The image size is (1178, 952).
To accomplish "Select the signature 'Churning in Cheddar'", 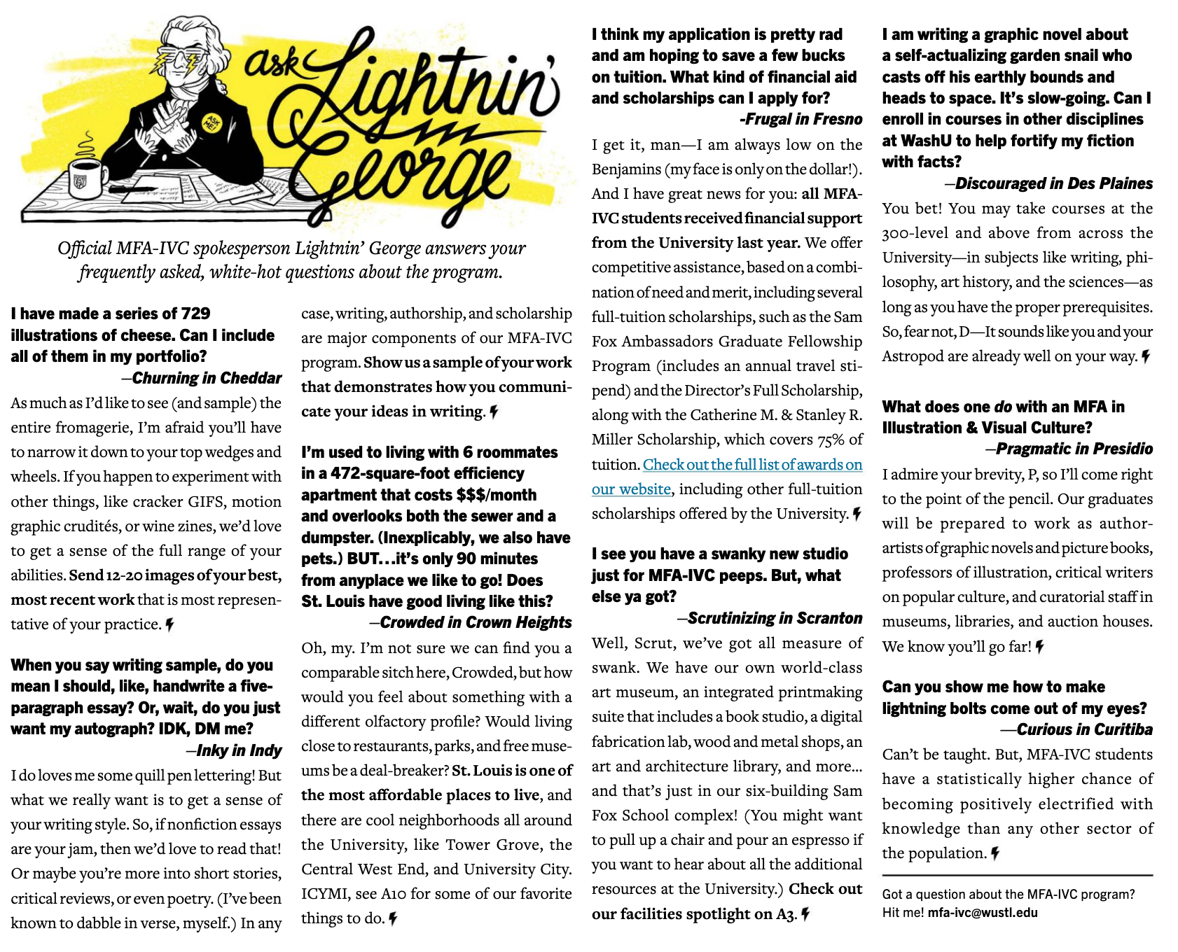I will [207, 378].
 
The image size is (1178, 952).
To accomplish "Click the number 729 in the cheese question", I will [195, 314].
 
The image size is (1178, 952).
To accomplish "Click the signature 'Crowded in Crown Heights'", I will [476, 622].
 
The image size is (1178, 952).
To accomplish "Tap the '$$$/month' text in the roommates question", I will [496, 495].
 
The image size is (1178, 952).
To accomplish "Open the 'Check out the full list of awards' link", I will [752, 465].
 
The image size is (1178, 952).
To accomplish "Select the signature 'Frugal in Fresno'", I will [801, 119].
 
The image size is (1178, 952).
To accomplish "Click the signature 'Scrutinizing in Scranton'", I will [775, 618].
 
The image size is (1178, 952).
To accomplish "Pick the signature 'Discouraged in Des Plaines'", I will [1053, 183].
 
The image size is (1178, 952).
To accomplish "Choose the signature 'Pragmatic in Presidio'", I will [1074, 449].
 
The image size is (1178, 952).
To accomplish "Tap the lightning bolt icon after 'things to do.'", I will [394, 918].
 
